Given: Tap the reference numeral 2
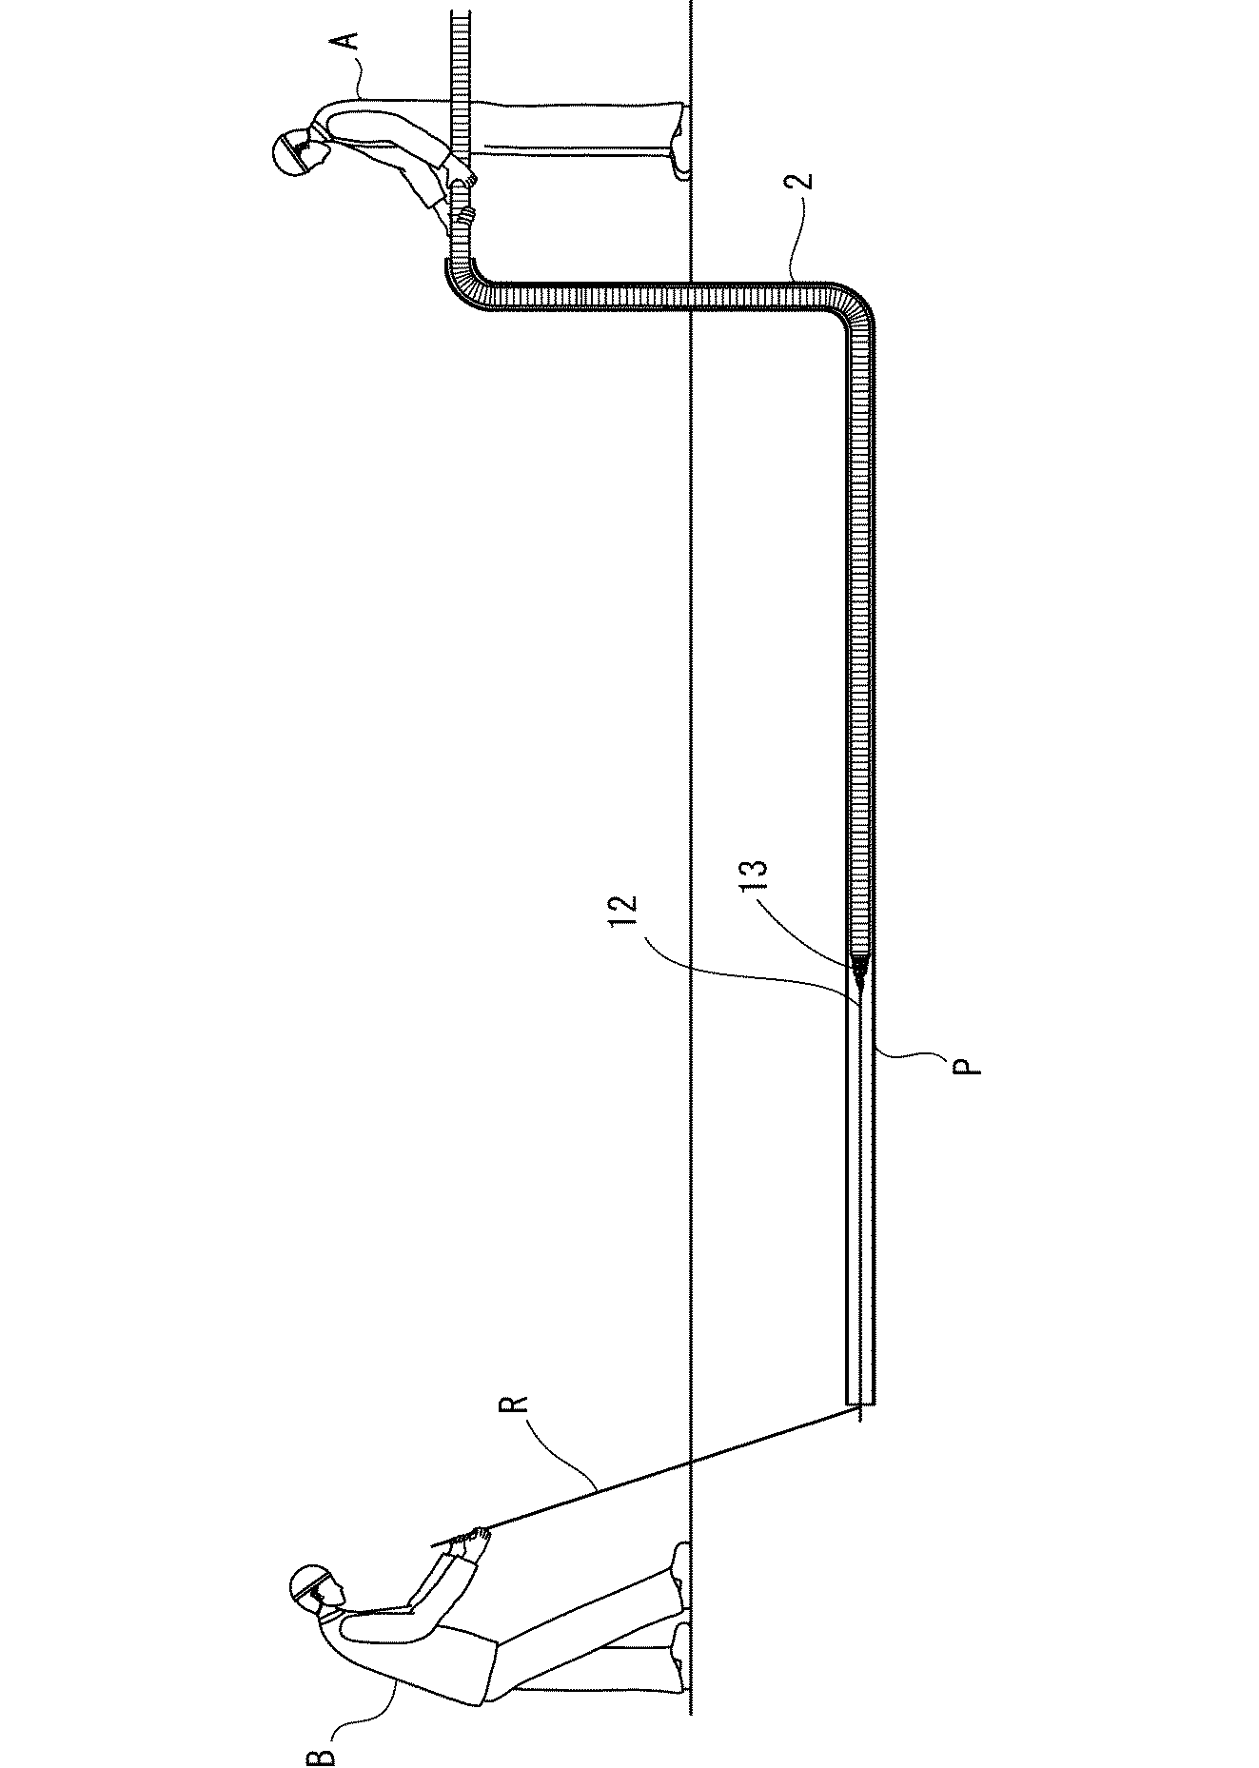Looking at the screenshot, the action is click(x=804, y=182).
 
